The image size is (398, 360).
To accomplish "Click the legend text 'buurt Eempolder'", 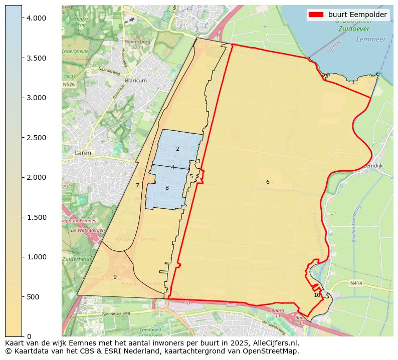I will click(x=357, y=15).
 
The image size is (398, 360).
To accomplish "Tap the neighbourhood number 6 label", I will click(x=268, y=182).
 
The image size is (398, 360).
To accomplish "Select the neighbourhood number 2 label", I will click(x=177, y=149).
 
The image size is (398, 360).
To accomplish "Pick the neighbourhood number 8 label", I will click(x=167, y=188).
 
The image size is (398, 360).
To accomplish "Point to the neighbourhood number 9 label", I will click(x=115, y=277).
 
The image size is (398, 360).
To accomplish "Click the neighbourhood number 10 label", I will click(x=317, y=295).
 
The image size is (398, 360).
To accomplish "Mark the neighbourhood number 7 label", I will click(x=137, y=185).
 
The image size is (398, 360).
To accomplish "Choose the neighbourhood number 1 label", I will click(x=353, y=82).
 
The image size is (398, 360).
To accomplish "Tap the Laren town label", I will click(x=83, y=152).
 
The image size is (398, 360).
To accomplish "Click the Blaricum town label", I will click(x=136, y=80).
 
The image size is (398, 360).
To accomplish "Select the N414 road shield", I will click(x=356, y=283).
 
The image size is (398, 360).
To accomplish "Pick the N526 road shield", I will click(x=69, y=85).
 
